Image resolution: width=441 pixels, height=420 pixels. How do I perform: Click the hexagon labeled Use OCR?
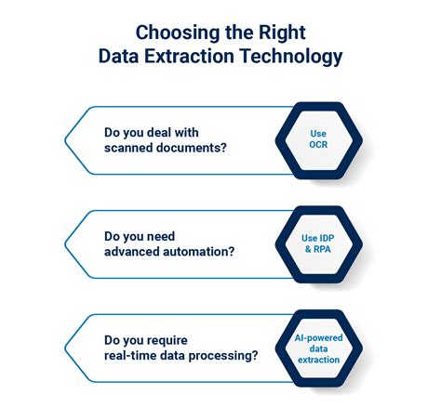point(318,139)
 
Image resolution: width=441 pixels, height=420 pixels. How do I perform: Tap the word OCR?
point(318,146)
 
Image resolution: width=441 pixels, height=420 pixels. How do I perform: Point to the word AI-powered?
point(318,338)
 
